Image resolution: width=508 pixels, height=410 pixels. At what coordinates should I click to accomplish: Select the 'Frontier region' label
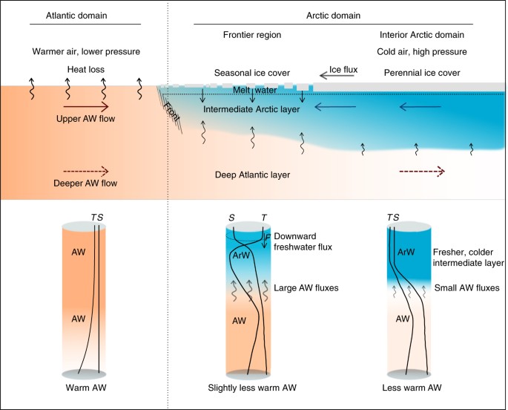tap(250, 35)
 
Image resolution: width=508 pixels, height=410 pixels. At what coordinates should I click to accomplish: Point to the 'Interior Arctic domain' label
tap(420, 35)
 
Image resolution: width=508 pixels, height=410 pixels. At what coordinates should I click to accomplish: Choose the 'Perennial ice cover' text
tap(421, 73)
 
